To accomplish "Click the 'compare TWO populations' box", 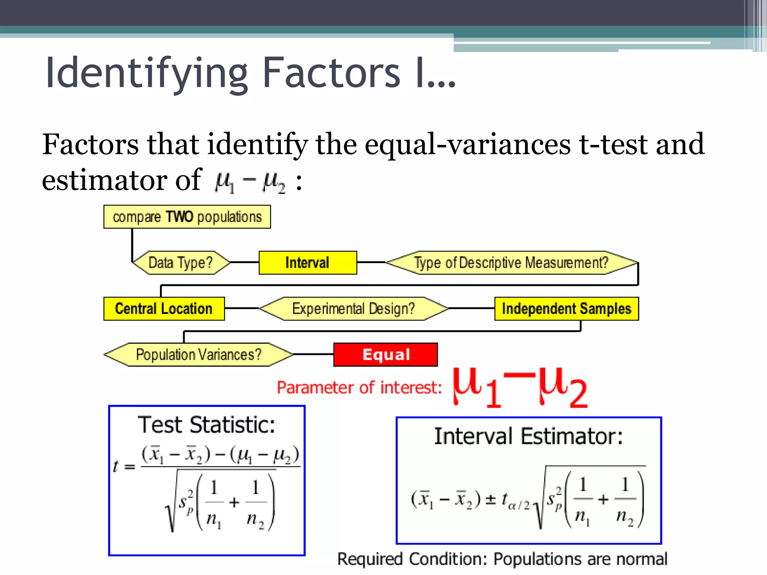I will pyautogui.click(x=187, y=217).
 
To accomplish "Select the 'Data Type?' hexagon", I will pyautogui.click(x=181, y=263).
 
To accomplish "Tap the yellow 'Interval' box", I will pyautogui.click(x=307, y=263).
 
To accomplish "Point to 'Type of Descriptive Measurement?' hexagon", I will pyautogui.click(x=511, y=263).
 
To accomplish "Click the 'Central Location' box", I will pyautogui.click(x=164, y=309).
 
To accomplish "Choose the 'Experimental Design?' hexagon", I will pyautogui.click(x=354, y=309).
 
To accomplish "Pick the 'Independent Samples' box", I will pyautogui.click(x=566, y=309).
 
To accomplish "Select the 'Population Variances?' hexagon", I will pyautogui.click(x=198, y=355).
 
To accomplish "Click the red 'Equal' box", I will pyautogui.click(x=385, y=355).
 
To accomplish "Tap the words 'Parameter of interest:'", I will pyautogui.click(x=359, y=387).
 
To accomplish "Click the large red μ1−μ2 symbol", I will pyautogui.click(x=520, y=387).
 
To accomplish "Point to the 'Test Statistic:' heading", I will pyautogui.click(x=206, y=425).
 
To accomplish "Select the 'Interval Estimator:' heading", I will pyautogui.click(x=528, y=436).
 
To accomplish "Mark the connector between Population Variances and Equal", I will pyautogui.click(x=313, y=354).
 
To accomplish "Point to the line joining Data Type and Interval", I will pyautogui.click(x=244, y=262).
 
